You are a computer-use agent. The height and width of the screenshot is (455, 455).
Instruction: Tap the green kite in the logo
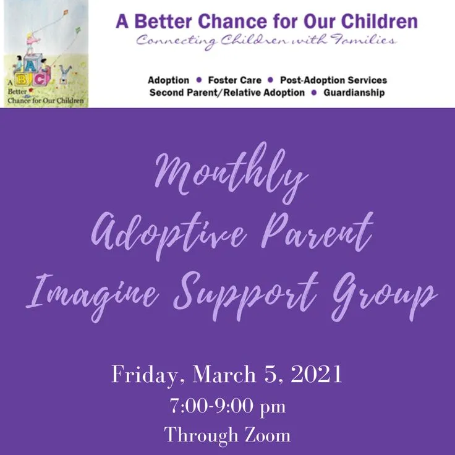pyautogui.click(x=78, y=30)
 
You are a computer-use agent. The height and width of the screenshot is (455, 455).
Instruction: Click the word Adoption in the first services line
pyautogui.click(x=168, y=80)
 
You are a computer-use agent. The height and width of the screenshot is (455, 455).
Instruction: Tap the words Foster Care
pyautogui.click(x=234, y=80)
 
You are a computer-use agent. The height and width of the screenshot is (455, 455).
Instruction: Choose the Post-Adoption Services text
pyautogui.click(x=333, y=80)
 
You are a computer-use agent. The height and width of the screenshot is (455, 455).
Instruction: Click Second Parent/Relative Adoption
pyautogui.click(x=227, y=93)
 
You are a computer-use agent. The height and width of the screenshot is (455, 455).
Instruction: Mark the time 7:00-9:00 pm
pyautogui.click(x=227, y=407)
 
